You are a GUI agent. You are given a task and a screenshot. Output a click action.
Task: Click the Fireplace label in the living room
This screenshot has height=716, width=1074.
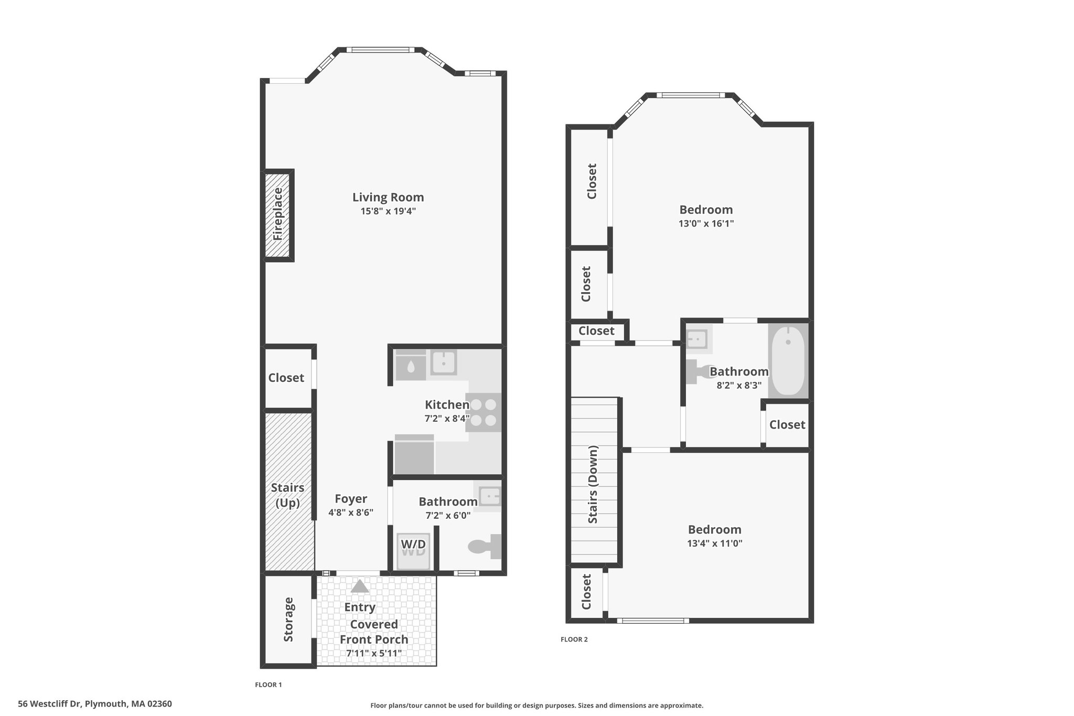point(278,214)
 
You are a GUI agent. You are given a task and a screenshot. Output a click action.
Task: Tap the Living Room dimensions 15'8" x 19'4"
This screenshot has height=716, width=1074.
point(388,211)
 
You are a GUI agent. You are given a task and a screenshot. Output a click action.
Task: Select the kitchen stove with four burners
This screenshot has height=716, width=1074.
point(484,412)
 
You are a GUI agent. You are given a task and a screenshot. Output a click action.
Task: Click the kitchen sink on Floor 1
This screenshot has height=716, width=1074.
point(444,362)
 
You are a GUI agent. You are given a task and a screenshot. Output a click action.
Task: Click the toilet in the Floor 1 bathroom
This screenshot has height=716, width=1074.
point(485,547)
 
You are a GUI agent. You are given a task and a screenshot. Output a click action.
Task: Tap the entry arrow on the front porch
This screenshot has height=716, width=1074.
point(360,586)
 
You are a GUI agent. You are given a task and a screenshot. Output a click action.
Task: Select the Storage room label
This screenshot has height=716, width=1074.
point(288,619)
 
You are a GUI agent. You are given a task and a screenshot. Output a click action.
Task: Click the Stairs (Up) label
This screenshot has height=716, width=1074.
point(287,495)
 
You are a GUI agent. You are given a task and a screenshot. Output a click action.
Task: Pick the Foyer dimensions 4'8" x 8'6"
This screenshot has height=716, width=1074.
point(351,513)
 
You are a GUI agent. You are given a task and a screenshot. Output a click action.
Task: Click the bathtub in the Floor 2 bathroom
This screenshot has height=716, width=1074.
point(788,361)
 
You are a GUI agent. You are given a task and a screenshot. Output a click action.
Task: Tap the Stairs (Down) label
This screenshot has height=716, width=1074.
point(593,484)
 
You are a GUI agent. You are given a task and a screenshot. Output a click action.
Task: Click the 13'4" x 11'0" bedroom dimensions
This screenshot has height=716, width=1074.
point(715,543)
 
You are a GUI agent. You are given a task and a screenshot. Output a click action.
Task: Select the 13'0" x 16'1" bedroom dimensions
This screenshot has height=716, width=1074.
point(706,223)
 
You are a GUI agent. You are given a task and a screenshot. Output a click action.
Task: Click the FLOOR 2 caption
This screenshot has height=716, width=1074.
point(574,639)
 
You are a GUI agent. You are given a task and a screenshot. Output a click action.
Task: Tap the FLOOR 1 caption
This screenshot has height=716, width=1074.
point(268,685)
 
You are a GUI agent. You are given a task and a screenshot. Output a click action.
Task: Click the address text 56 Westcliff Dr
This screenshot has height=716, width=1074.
point(50,704)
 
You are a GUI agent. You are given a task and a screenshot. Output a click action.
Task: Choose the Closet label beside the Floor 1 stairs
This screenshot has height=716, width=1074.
point(286,378)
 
